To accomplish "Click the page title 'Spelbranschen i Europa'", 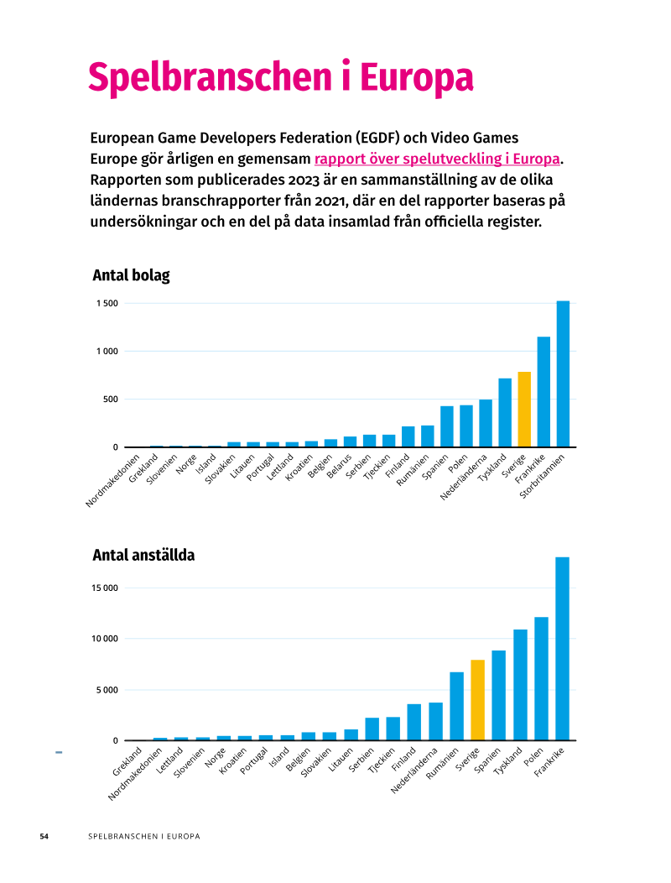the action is tap(280, 77).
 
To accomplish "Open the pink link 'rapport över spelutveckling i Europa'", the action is tap(437, 159).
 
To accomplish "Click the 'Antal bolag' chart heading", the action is tap(131, 275).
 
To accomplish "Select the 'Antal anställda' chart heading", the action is tap(143, 556).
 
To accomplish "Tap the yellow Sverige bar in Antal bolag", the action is tap(524, 410).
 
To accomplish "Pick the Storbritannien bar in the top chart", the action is tap(563, 374).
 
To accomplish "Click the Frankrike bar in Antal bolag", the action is tap(544, 392).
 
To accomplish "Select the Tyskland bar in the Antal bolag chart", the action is tap(505, 413).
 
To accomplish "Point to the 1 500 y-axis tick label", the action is tap(107, 304).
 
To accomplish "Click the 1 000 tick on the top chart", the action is tap(107, 352).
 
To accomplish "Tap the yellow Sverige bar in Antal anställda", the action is tap(478, 700).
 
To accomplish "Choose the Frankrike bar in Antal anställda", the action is tap(562, 649).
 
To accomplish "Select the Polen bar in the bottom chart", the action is tap(541, 678).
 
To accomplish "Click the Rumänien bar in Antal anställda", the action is tap(456, 706).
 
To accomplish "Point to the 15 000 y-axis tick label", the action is tap(105, 588).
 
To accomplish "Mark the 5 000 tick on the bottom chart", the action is tap(107, 690).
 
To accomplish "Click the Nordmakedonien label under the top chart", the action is tap(112, 481).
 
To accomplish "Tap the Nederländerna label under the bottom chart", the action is tap(414, 771).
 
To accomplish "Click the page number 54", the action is tap(44, 836).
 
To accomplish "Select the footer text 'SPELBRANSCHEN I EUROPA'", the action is tap(144, 836).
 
